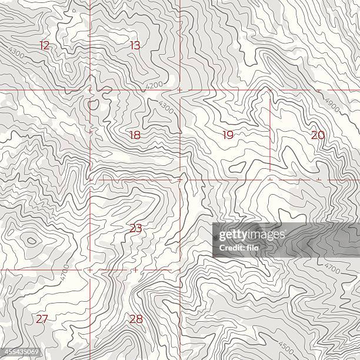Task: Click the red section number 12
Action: pos(45,45)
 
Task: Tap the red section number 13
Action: pos(135,45)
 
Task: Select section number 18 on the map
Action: pos(135,135)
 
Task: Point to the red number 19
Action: pos(228,135)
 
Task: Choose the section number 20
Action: pos(318,135)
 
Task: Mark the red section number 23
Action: pos(135,228)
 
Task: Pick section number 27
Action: pos(41,319)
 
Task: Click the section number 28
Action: pos(136,319)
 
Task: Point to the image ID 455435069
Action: pos(21,353)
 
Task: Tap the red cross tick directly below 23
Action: pos(135,269)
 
